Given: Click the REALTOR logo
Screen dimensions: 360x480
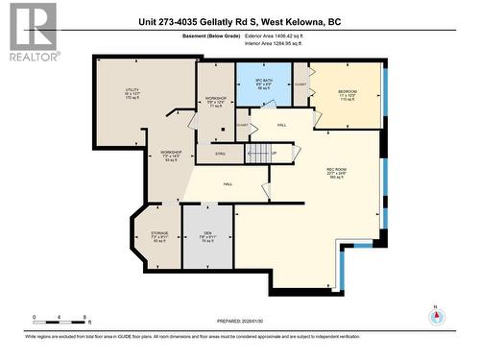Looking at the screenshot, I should [32, 31].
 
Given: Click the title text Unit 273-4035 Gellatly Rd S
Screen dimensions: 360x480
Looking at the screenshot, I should [239, 22].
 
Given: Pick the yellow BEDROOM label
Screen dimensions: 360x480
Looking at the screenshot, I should [347, 93].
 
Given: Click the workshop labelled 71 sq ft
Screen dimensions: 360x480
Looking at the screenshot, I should [215, 102].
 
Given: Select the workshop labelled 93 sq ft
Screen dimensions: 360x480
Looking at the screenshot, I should [171, 156].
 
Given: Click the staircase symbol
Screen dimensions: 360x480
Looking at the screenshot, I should [257, 152].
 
